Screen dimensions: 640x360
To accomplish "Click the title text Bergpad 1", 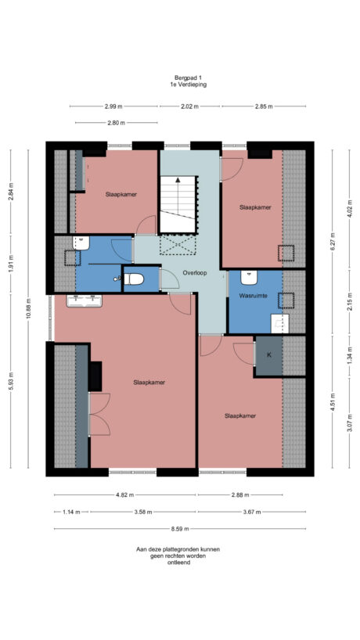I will click(x=179, y=77).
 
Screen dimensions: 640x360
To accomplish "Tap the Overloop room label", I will click(x=194, y=273).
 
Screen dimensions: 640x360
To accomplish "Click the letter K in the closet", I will click(x=268, y=354).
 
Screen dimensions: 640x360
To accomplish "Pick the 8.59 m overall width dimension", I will click(x=179, y=529).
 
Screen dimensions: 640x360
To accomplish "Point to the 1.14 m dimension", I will click(x=71, y=512).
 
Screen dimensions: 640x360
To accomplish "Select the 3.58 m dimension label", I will click(x=143, y=512).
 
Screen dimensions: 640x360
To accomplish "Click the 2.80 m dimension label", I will click(x=116, y=123).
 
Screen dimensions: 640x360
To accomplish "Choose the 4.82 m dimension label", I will click(x=125, y=494).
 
